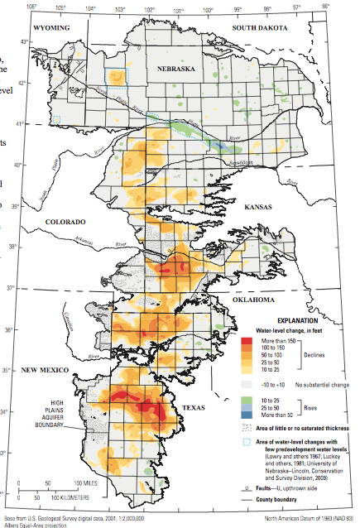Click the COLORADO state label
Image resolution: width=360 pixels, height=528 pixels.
[x=65, y=223]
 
